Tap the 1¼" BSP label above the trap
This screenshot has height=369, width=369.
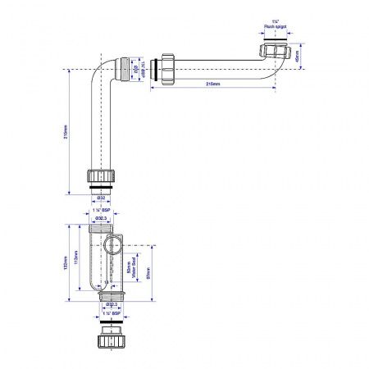pos(103,211)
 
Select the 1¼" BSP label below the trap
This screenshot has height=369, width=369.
pos(103,314)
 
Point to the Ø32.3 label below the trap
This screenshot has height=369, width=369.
pos(103,304)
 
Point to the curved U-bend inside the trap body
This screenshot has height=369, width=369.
pos(97,283)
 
